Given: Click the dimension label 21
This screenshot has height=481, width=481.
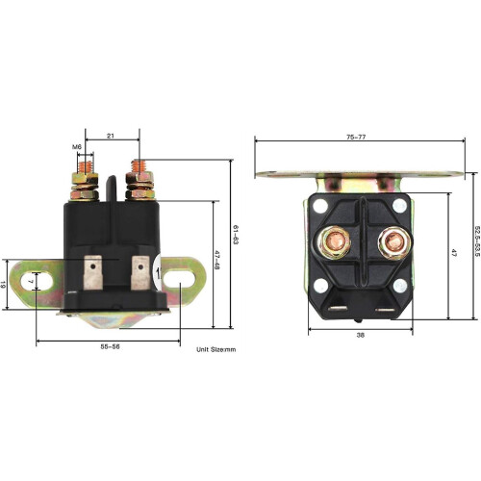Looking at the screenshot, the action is coord(111,136).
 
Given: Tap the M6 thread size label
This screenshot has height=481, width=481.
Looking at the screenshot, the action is coord(77,147).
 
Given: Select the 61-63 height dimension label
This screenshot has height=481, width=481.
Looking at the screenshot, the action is coord(236,236).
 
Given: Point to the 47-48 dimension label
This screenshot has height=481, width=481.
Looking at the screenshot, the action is coord(216,260).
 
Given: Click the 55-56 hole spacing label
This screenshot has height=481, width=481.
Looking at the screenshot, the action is coord(110,346).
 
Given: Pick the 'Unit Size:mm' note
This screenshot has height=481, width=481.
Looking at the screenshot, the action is coord(215,349).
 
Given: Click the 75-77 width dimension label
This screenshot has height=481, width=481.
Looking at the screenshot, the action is coord(356,137).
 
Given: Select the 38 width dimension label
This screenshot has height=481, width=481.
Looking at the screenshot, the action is coord(361,336).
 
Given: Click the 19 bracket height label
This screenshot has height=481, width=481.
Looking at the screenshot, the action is coord(3,284).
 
